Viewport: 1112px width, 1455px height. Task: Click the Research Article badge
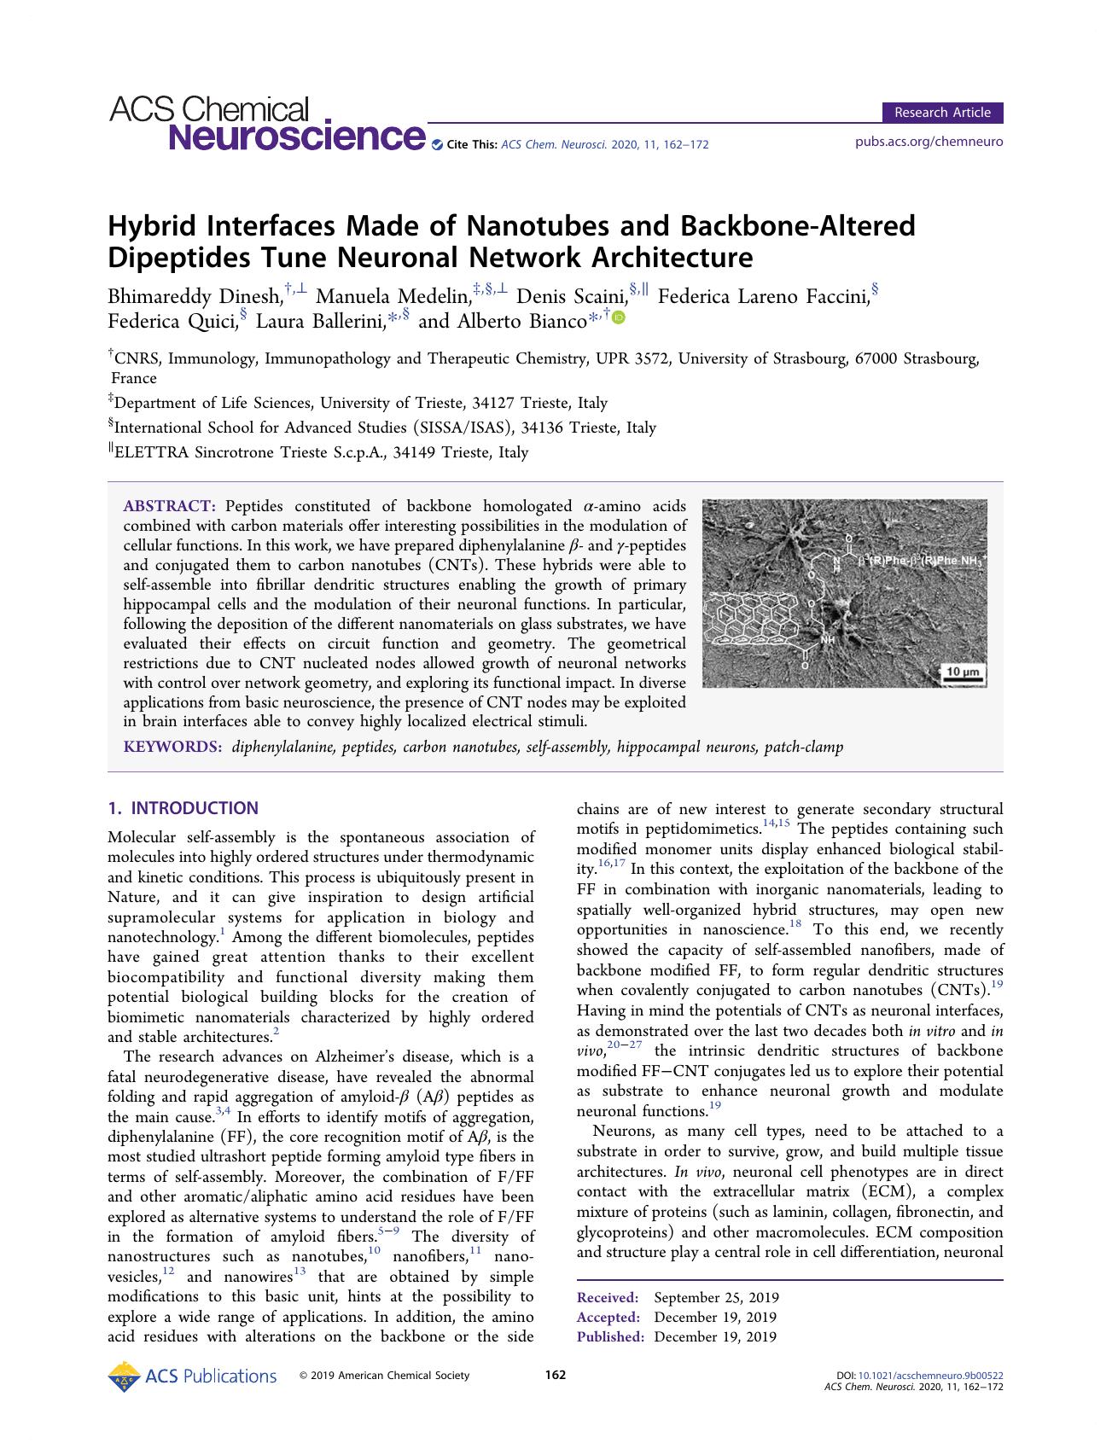(942, 113)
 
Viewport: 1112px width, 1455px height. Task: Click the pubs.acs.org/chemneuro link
(929, 142)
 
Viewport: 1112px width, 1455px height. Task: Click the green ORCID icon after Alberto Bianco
(618, 317)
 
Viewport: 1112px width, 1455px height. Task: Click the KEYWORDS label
(172, 748)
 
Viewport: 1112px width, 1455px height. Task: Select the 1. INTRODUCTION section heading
(183, 808)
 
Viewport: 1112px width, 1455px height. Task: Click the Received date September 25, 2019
(716, 1298)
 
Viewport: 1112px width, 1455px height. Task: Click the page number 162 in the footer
(556, 1375)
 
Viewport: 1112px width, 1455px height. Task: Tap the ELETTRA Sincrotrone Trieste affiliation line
(320, 453)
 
